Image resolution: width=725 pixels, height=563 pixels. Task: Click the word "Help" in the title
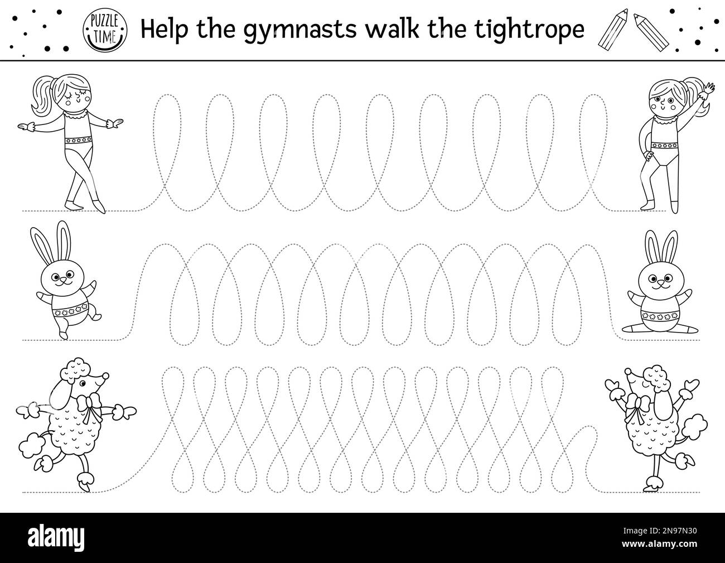tap(165, 29)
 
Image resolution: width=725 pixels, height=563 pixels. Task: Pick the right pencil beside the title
tap(651, 32)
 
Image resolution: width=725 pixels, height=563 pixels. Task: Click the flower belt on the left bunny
tap(70, 312)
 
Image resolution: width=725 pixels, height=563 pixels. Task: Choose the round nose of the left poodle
tap(105, 376)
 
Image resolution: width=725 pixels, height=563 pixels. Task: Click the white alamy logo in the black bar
tap(56, 537)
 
